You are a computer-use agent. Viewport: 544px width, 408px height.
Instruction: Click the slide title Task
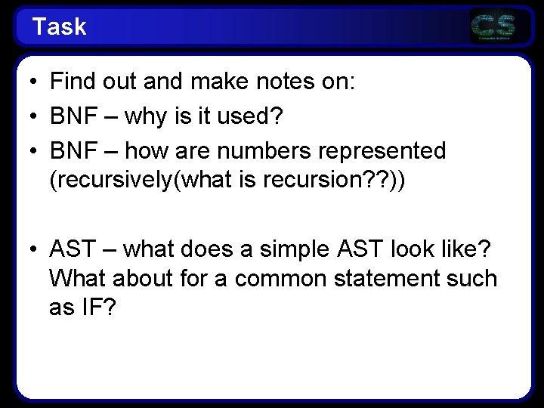coord(60,28)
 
